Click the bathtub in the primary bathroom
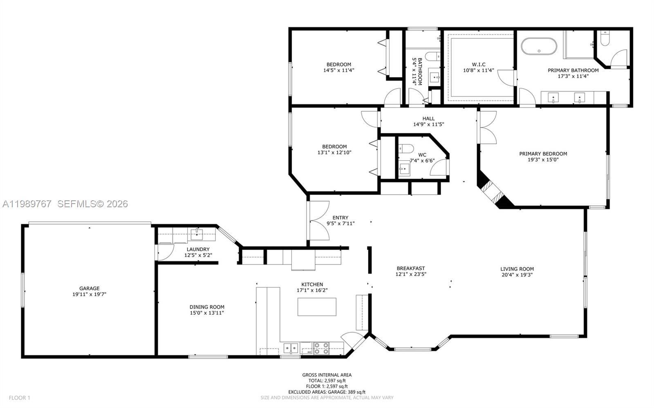tap(539, 46)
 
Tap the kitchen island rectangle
tap(317, 307)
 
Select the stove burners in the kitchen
tap(322, 348)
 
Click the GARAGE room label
tap(89, 288)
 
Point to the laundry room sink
tap(197, 235)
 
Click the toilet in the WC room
tap(406, 148)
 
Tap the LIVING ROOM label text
tap(517, 269)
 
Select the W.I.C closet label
tap(478, 65)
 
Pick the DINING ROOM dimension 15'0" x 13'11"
tap(207, 313)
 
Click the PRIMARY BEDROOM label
tap(543, 154)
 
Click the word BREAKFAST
tap(411, 269)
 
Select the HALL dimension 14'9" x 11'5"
tap(428, 125)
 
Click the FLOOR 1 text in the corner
tap(20, 398)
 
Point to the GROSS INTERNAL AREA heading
tap(327, 375)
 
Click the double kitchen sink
tap(291, 348)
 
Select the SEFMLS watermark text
tap(92, 204)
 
